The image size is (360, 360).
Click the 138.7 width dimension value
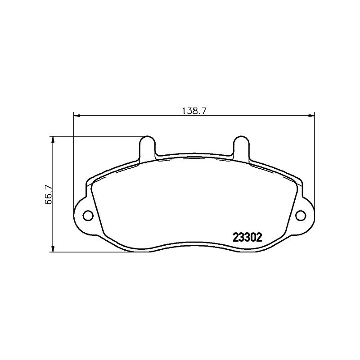tap(194, 111)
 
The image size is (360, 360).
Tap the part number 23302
tap(247, 237)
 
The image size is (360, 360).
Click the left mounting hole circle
tap(88, 216)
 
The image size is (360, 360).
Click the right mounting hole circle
tap(301, 216)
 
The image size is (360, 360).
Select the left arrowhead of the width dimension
tap(76, 116)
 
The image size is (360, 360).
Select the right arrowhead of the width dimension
tap(311, 116)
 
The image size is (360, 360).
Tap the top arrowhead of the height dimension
tap(53, 139)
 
